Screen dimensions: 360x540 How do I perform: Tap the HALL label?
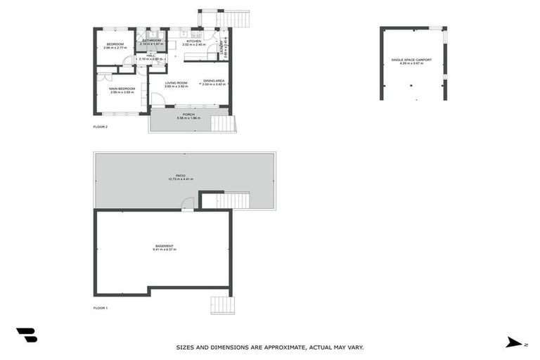point(151,56)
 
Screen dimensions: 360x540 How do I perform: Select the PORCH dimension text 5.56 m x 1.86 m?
point(188,118)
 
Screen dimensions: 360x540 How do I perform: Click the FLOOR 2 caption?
point(101,127)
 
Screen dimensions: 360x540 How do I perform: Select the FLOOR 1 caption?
point(101,308)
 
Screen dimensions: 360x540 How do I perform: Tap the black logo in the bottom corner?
point(27,335)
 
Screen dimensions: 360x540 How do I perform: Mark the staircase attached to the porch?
point(223,124)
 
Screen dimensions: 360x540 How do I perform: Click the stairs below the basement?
point(222,304)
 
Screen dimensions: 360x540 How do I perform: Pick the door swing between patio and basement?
point(188,204)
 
